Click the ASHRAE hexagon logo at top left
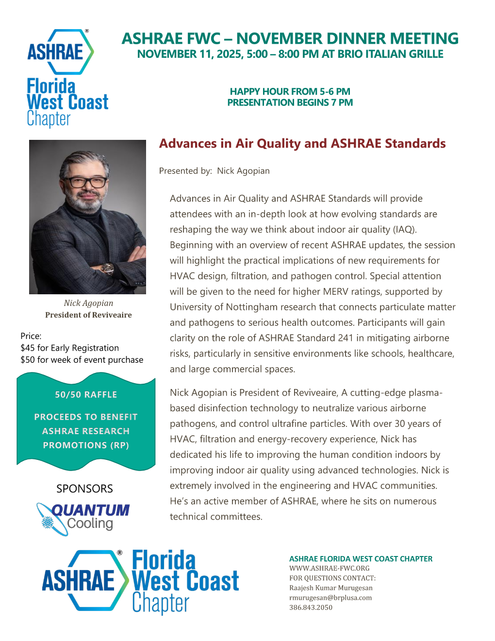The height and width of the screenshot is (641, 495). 59,52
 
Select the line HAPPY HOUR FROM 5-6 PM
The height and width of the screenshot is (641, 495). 290,91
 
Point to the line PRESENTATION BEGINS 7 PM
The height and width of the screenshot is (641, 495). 290,102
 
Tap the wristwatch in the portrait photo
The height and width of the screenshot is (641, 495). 107,268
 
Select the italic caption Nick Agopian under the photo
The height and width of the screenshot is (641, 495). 88,303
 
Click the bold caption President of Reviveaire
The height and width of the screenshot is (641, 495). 88,315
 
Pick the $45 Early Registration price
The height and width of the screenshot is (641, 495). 69,348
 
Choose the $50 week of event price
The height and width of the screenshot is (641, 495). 82,360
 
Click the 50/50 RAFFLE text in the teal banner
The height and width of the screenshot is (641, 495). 86,395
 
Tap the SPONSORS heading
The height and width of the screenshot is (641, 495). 84,489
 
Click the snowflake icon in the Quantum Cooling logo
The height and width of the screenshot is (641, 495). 48,522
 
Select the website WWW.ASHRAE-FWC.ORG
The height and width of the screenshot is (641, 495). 329,568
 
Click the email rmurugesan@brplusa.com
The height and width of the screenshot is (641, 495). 330,598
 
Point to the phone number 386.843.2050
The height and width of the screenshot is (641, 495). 311,607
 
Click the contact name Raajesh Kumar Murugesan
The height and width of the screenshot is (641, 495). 330,588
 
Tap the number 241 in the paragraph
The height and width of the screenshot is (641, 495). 346,338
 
